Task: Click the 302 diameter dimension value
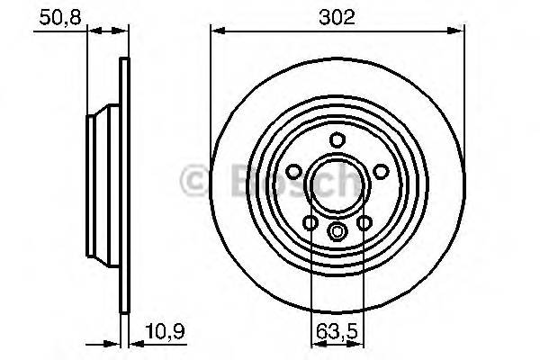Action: [x=338, y=17]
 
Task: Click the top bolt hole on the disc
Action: [x=337, y=140]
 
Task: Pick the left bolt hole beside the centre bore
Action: [x=293, y=172]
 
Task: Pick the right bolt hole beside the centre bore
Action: [x=381, y=172]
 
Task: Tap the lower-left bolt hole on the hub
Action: [x=310, y=222]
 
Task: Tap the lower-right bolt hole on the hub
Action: [x=364, y=222]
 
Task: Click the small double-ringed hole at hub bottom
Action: [x=337, y=232]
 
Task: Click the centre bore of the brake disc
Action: [x=337, y=186]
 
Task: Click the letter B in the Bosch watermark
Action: [x=222, y=181]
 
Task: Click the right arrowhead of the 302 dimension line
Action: [x=461, y=31]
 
